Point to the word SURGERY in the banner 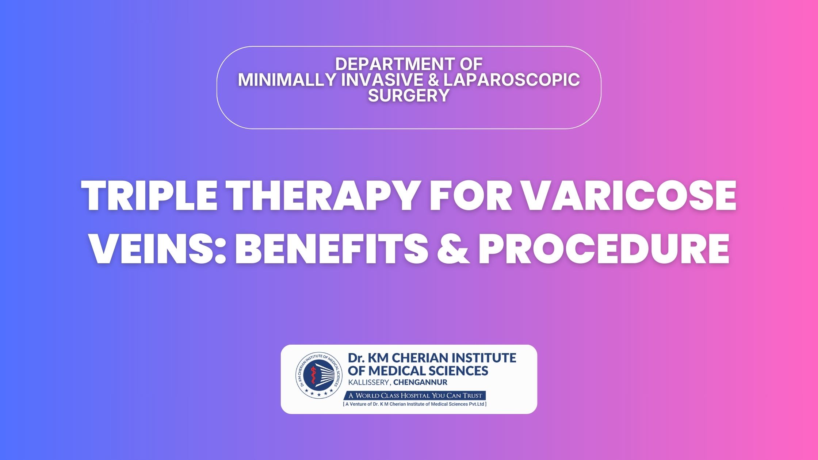(x=409, y=95)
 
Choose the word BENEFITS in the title (x=332, y=248)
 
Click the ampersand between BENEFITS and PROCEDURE (x=453, y=248)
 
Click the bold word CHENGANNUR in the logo (x=420, y=383)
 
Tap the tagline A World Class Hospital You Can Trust (x=415, y=395)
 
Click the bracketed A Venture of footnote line (x=415, y=404)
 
